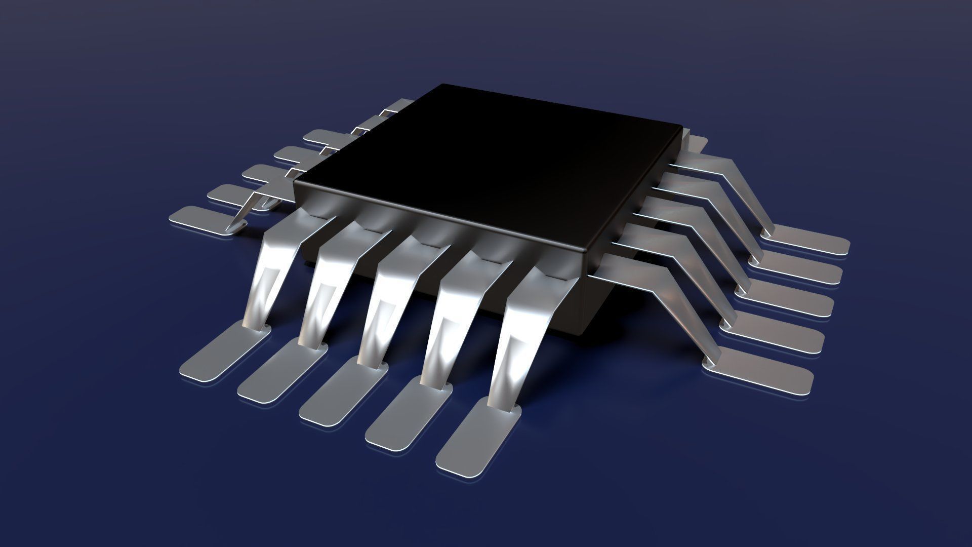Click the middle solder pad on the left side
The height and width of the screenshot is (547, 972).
tap(263, 172)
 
